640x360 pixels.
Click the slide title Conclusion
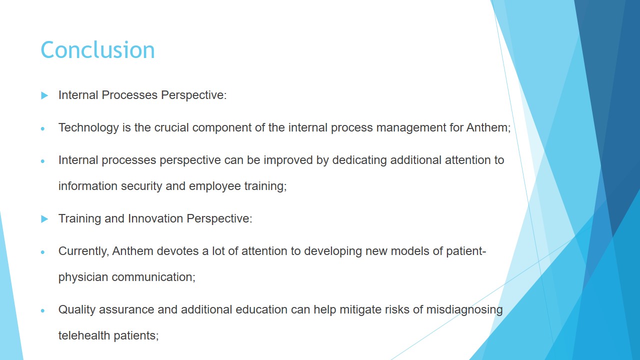[x=97, y=50]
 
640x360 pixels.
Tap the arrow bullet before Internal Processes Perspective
[x=44, y=95]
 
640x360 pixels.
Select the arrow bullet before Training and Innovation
[x=44, y=219]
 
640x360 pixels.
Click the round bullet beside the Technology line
[x=43, y=129]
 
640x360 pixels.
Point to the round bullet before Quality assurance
[x=43, y=311]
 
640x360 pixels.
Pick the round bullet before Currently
[x=43, y=252]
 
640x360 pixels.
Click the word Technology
[x=88, y=128]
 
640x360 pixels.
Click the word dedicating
[x=359, y=160]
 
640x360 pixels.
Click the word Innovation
[x=155, y=218]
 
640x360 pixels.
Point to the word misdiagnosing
[x=464, y=310]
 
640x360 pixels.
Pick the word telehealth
[x=84, y=335]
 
